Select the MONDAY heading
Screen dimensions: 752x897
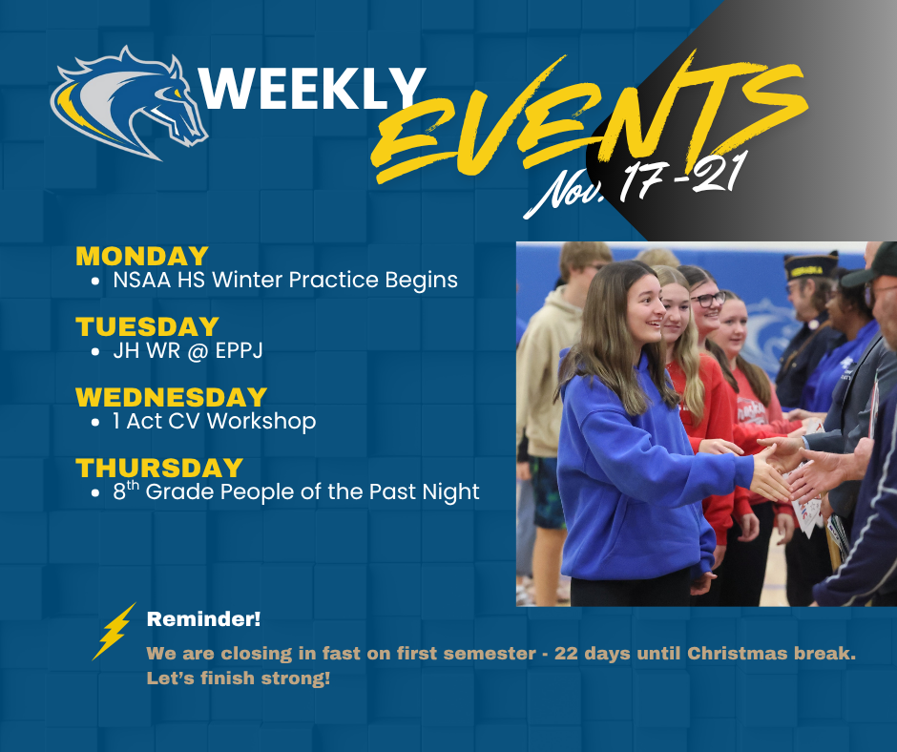[141, 256]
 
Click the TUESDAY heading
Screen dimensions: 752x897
[147, 326]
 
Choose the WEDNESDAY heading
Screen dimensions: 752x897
[171, 397]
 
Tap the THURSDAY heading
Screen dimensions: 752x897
[159, 468]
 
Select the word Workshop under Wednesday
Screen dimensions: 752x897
[266, 421]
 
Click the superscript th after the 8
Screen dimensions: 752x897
[134, 486]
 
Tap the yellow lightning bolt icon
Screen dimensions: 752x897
[114, 631]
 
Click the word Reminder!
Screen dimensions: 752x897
[203, 619]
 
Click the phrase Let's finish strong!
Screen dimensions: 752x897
[239, 679]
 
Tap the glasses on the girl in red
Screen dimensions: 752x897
[709, 300]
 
